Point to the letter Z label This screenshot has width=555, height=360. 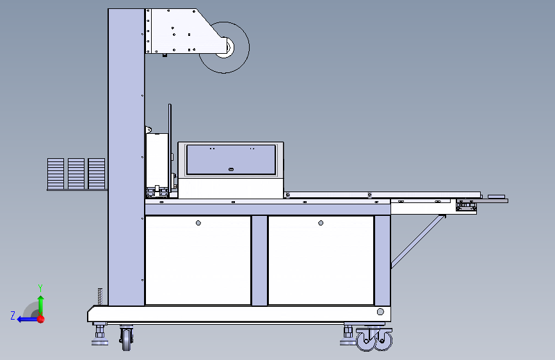13,315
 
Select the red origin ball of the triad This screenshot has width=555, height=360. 41,319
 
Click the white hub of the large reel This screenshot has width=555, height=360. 225,47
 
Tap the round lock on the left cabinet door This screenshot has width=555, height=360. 198,223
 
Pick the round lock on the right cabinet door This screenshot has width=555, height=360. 321,223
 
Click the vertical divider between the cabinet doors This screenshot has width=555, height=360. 259,260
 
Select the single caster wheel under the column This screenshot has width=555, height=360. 126,338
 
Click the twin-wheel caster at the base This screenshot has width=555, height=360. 374,340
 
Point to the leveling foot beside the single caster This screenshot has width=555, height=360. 100,335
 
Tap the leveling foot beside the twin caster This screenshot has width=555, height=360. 348,335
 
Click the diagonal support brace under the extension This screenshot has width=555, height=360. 418,241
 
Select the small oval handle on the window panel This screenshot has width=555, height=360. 231,169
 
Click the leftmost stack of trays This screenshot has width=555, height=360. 56,174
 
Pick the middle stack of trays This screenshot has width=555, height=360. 76,174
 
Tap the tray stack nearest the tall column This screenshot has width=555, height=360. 96,174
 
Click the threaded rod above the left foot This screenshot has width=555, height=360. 100,297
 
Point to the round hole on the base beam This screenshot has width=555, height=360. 380,312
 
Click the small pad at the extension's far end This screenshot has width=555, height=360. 496,196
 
